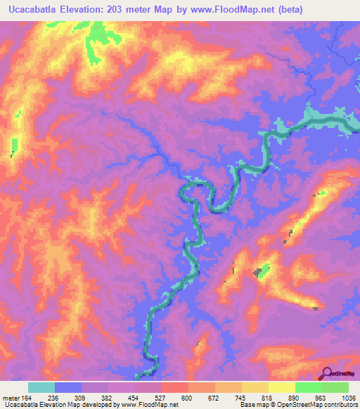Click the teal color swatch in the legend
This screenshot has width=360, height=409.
[x=41, y=387]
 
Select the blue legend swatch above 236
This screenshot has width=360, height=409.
[x=68, y=387]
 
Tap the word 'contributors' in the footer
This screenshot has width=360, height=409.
[x=340, y=405]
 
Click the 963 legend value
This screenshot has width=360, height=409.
[x=321, y=397]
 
